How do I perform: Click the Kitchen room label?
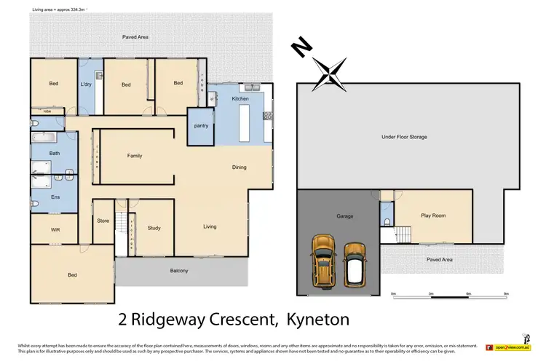click(240, 98)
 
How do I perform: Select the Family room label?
click(135, 156)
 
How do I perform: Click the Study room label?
click(154, 228)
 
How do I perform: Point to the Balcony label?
click(179, 272)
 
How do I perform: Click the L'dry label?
click(86, 84)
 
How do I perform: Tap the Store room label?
click(103, 221)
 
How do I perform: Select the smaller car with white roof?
click(355, 264)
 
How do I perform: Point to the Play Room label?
click(432, 215)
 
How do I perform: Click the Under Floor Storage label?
click(404, 137)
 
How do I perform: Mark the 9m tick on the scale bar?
click(506, 294)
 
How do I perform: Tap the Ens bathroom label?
click(54, 197)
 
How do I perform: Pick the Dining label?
click(239, 167)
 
